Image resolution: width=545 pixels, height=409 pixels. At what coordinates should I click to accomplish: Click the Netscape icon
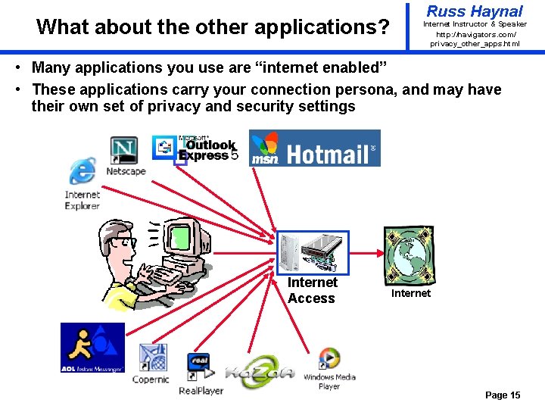tap(124, 149)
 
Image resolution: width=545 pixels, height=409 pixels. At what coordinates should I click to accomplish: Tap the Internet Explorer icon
tap(82, 173)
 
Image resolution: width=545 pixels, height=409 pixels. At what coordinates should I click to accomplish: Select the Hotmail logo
tap(315, 148)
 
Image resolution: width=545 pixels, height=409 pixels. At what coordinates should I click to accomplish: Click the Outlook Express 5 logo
tap(195, 148)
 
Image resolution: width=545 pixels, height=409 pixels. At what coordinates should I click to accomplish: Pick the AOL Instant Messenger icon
tap(92, 348)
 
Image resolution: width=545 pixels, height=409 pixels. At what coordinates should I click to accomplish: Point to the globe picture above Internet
tap(410, 254)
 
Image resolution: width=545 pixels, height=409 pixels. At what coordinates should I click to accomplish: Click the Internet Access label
tap(312, 291)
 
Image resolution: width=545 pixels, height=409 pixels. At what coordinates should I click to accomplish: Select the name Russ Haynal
tap(475, 11)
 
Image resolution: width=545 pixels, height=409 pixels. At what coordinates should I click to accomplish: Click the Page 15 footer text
tap(503, 395)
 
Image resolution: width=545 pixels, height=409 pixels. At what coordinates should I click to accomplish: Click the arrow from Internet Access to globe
tap(366, 252)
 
